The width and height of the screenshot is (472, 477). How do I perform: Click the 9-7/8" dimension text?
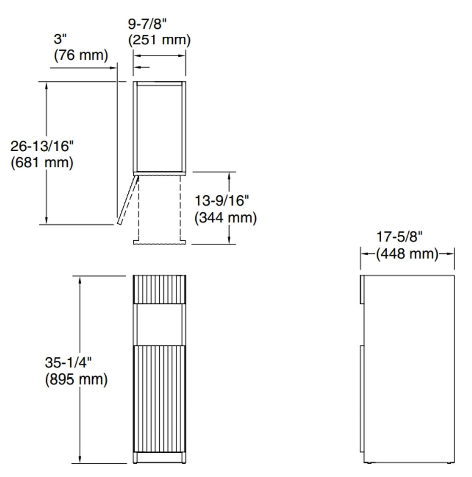click(x=147, y=24)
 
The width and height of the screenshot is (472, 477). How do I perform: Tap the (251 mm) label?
click(x=159, y=40)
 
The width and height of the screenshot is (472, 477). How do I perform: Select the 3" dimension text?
click(x=60, y=39)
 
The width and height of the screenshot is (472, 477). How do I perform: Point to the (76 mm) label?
click(x=81, y=55)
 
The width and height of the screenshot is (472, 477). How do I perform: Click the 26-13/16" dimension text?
click(x=42, y=146)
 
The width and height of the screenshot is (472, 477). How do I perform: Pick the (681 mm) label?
click(x=42, y=162)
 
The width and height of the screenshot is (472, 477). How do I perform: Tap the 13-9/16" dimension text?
click(x=221, y=200)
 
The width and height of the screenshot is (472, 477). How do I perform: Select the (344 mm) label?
click(x=226, y=218)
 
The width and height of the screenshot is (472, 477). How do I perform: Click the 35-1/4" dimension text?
click(x=68, y=362)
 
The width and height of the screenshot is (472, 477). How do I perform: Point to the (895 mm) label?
click(x=76, y=379)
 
